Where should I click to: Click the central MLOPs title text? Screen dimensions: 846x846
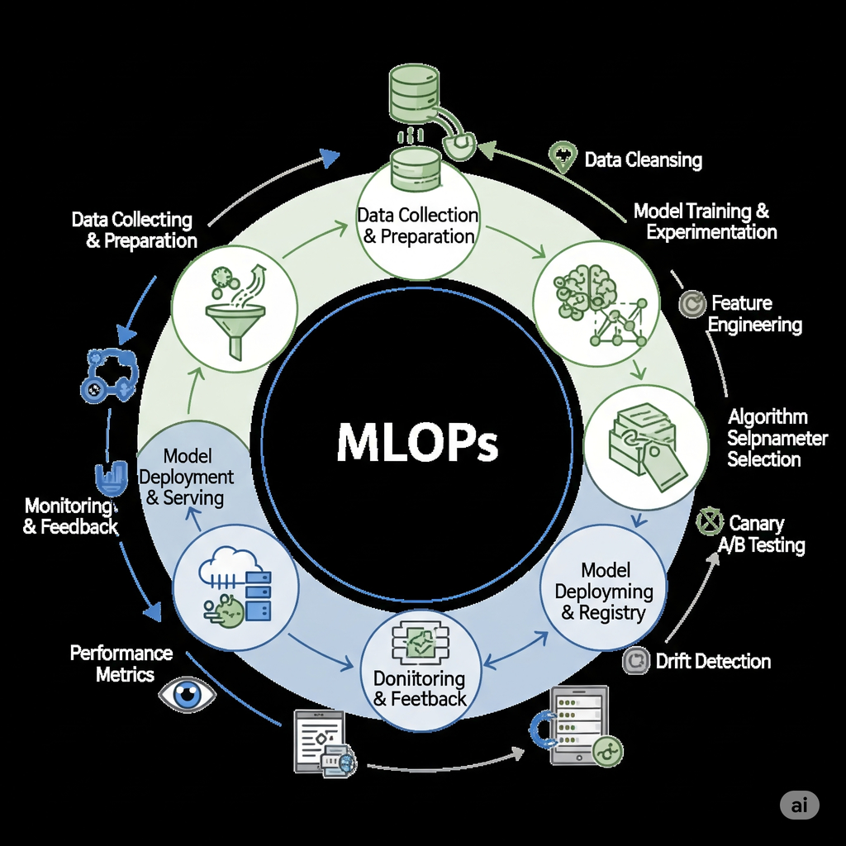(417, 444)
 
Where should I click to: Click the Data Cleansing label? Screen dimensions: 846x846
(643, 159)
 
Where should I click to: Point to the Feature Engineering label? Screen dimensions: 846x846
(754, 314)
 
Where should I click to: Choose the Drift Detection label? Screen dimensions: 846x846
(712, 661)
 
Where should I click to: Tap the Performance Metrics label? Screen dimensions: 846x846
(121, 663)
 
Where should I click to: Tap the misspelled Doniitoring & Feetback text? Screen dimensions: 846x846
(420, 688)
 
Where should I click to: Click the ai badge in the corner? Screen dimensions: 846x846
(799, 806)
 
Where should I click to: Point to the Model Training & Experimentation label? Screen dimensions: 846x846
(705, 221)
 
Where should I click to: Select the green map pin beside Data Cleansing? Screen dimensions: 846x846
(563, 155)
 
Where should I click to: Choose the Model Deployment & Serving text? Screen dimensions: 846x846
(186, 478)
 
